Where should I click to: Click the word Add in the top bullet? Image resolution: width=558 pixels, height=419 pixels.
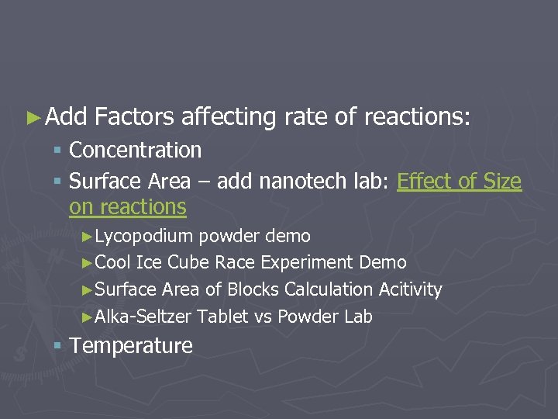66,117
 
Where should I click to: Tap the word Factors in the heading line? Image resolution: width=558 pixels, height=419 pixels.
134,117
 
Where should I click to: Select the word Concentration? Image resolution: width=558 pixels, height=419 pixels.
135,151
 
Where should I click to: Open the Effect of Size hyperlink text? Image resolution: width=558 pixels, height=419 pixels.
459,182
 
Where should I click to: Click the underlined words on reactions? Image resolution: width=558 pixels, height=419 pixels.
127,207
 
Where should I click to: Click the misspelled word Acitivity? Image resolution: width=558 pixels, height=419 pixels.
410,289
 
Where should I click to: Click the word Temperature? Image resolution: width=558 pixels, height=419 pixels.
131,346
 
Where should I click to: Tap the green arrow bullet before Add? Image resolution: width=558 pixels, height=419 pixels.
32,118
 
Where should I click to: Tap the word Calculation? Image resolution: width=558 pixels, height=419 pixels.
329,289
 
